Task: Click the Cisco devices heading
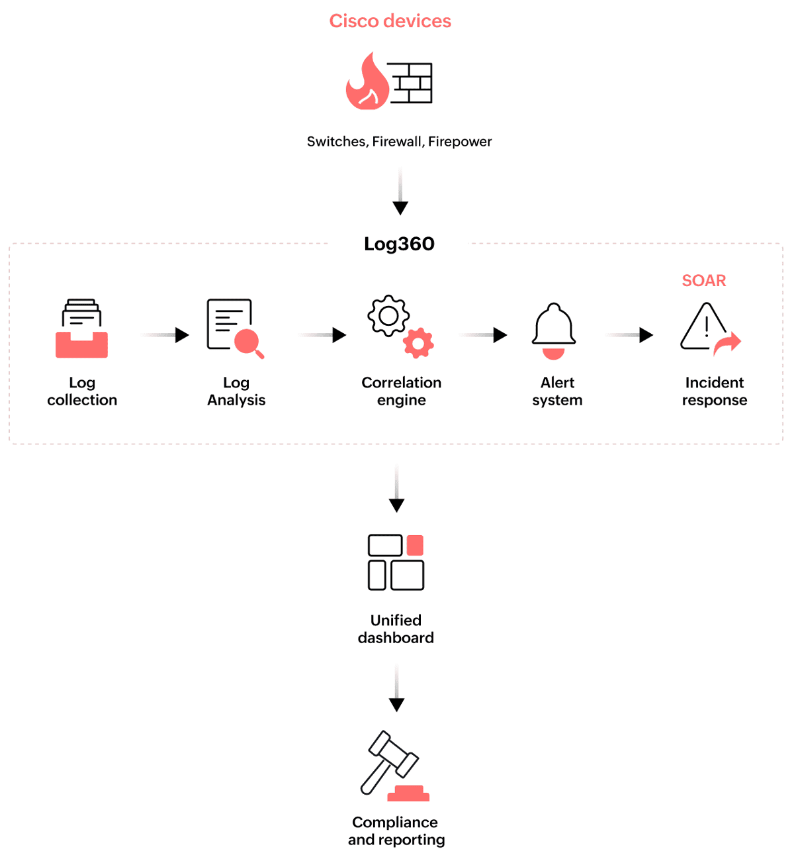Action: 390,21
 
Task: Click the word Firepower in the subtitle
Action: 460,142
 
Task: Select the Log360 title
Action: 399,244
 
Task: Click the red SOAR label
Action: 703,281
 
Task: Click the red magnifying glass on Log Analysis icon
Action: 248,342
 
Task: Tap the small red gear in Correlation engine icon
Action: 418,343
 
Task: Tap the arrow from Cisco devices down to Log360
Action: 400,192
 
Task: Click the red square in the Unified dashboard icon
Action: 415,545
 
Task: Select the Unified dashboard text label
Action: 396,629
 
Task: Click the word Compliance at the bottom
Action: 395,822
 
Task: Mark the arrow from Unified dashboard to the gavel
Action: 396,689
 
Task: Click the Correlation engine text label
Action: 401,391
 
